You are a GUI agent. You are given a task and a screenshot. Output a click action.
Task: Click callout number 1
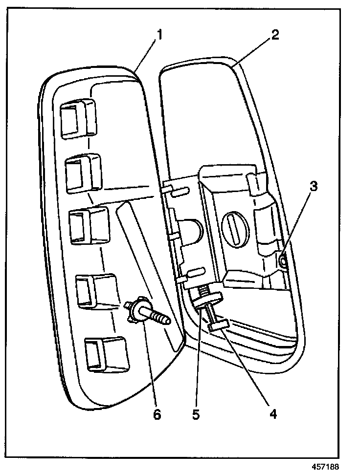(159, 35)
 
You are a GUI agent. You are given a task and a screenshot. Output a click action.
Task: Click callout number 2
(275, 35)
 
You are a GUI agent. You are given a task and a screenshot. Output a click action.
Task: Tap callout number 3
(313, 186)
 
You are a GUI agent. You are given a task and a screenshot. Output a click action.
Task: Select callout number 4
(273, 414)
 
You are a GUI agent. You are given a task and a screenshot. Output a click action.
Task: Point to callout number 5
(195, 414)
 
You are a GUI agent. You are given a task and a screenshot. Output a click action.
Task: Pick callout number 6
(157, 414)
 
